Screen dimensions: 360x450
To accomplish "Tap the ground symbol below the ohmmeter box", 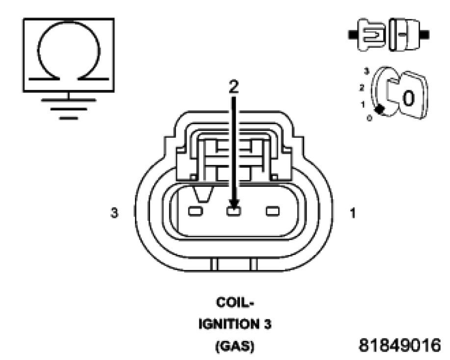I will pyautogui.click(x=69, y=105).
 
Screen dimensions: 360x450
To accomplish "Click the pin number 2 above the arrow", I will pyautogui.click(x=234, y=86).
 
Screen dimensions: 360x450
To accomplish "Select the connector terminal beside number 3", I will pyautogui.click(x=195, y=211).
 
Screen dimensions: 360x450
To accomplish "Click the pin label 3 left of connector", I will pyautogui.click(x=114, y=214).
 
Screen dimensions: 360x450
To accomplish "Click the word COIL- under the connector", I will pyautogui.click(x=234, y=303).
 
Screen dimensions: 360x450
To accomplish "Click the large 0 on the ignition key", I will pyautogui.click(x=408, y=98).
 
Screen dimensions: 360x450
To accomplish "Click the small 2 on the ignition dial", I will pyautogui.click(x=363, y=87).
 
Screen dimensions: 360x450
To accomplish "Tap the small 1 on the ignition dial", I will pyautogui.click(x=363, y=104).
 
